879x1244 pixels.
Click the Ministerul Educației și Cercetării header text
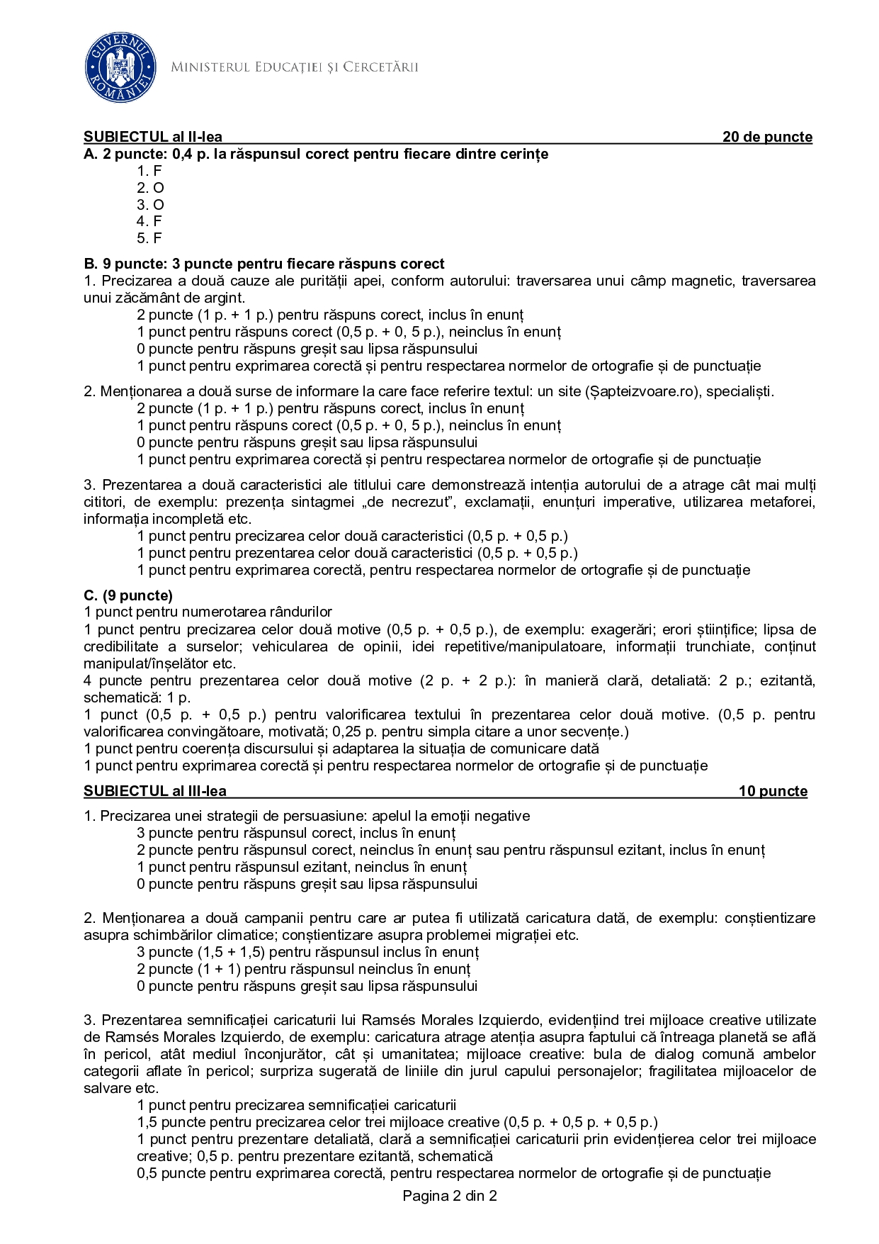tap(294, 67)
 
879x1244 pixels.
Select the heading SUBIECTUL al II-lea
tap(153, 137)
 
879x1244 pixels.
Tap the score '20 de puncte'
tap(767, 137)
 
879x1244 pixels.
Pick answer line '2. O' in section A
tap(150, 188)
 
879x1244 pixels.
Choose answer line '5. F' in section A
tap(149, 238)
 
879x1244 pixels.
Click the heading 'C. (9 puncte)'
tap(128, 595)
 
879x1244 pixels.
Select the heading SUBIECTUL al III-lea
tap(155, 791)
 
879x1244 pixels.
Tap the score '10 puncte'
tap(773, 791)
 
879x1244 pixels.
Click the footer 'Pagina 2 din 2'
tap(450, 1196)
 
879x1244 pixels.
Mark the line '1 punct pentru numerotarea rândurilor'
tap(208, 612)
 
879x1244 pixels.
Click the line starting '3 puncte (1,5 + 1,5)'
tap(307, 952)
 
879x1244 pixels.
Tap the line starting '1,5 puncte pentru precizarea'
tap(397, 1122)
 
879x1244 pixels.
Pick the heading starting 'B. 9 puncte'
tap(264, 264)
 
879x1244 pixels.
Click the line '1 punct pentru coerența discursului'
tap(341, 749)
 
